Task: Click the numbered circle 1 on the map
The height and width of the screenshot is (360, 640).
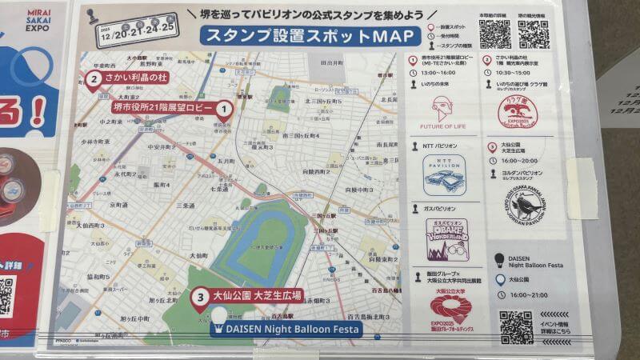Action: [225, 107]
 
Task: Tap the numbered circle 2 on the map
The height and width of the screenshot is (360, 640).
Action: [94, 78]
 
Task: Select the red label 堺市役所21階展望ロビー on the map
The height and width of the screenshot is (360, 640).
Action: [165, 106]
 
